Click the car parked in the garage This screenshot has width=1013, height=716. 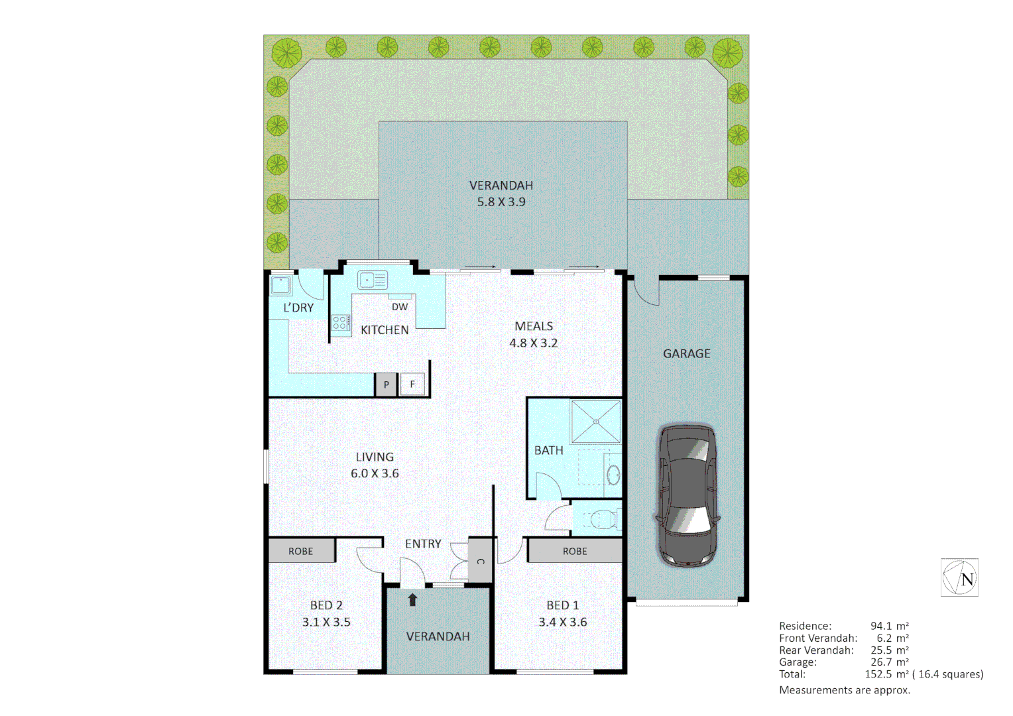coord(687,495)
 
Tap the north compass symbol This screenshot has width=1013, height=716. coord(959,577)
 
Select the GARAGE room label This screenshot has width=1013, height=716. coord(686,354)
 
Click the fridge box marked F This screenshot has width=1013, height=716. coord(412,385)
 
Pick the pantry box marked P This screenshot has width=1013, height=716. coord(386,385)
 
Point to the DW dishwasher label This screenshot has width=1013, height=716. coord(399,307)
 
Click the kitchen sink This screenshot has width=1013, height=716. coord(372,280)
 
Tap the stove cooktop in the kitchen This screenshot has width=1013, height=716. coord(341,323)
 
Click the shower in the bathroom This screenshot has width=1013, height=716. coord(596,422)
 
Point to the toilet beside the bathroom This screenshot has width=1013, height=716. coord(603,518)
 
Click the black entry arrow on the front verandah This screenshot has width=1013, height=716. coord(412,599)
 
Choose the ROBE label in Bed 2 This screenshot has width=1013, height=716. coord(300,551)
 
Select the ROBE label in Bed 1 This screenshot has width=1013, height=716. coord(575,551)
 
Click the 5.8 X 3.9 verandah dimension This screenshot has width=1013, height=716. coord(501,202)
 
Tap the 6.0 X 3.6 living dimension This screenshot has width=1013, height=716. coord(375,473)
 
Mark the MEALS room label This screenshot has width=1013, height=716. coord(534,326)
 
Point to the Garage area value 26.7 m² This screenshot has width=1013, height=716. coord(889,662)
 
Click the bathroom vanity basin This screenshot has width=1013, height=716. coord(614,475)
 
